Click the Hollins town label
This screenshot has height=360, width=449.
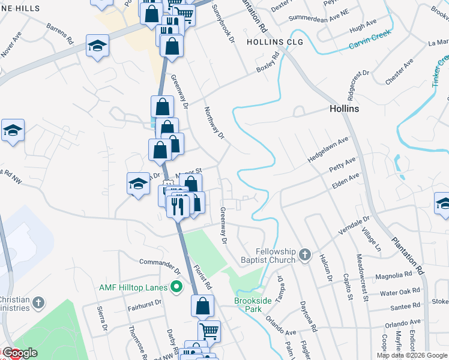click(x=344, y=109)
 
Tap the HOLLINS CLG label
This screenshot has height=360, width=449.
click(x=275, y=42)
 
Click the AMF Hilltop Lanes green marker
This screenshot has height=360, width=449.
click(x=176, y=287)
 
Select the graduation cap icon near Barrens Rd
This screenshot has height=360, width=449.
click(x=97, y=46)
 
